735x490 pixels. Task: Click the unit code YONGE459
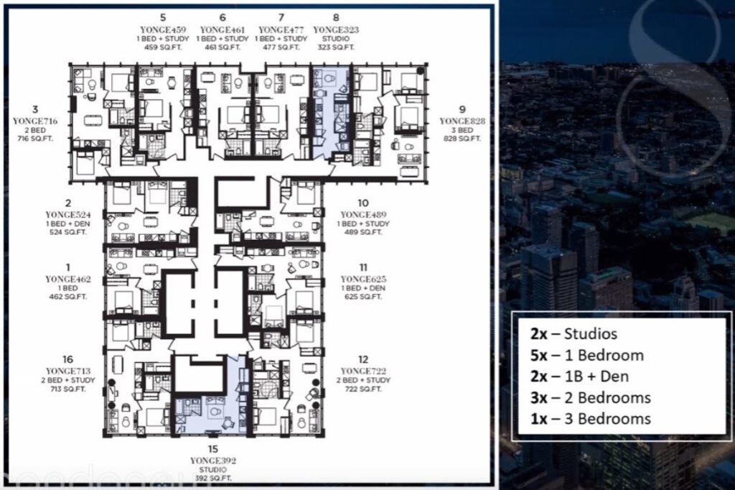tap(164, 29)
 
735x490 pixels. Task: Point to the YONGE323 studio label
tap(336, 29)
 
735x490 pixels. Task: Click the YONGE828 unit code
tap(463, 122)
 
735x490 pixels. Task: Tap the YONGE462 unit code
tap(67, 279)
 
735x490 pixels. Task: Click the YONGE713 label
tap(67, 371)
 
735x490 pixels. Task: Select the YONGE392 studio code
tap(213, 460)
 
